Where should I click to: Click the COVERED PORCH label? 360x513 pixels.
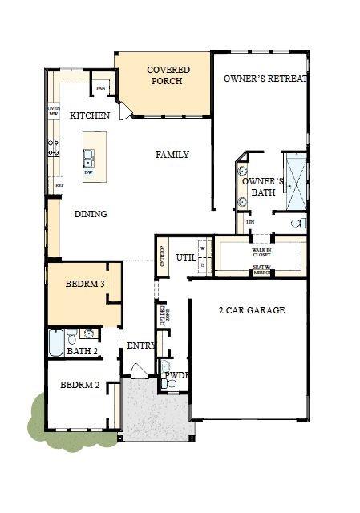click(163, 75)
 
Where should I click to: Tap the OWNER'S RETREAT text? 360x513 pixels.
click(265, 79)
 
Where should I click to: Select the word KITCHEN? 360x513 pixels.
click(90, 115)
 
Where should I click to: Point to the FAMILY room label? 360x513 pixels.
click(172, 155)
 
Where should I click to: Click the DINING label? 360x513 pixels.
click(91, 214)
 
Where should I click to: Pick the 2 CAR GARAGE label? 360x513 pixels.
click(252, 310)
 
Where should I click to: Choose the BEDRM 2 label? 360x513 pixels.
click(80, 385)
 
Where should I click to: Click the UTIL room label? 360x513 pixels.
click(186, 257)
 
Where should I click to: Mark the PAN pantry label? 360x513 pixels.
click(102, 87)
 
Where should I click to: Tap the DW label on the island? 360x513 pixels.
click(88, 172)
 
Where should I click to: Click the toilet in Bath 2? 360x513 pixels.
click(71, 335)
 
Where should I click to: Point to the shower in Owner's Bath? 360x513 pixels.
click(294, 180)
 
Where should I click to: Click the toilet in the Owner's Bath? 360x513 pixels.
click(297, 224)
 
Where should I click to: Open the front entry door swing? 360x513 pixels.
click(139, 370)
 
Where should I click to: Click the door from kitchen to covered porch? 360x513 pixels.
click(124, 111)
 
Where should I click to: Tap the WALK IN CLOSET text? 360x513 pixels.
click(262, 252)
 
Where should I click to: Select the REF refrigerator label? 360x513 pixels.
click(59, 185)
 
